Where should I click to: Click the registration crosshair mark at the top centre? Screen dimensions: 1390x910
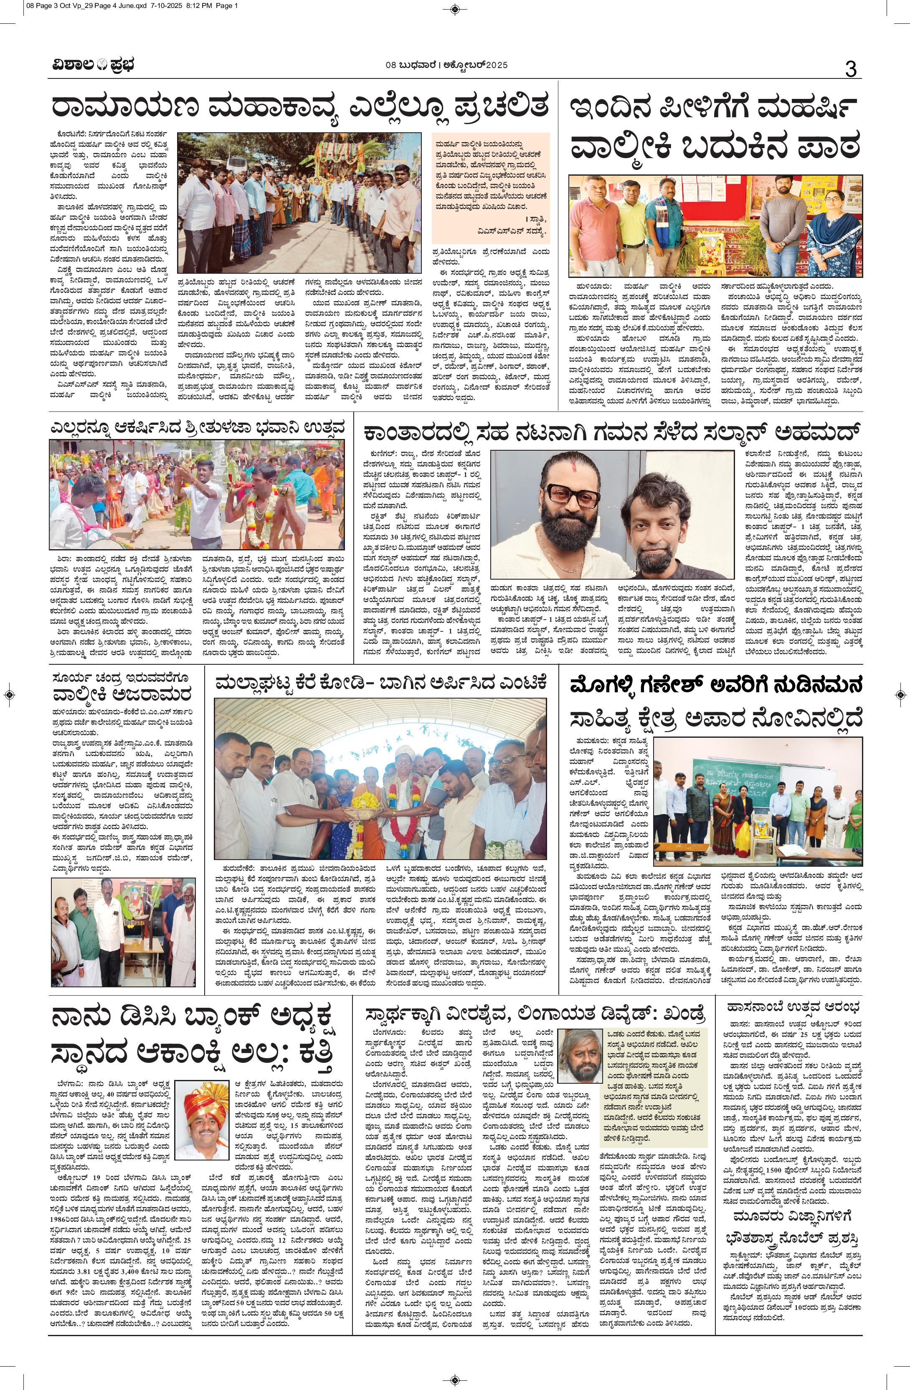(x=455, y=8)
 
